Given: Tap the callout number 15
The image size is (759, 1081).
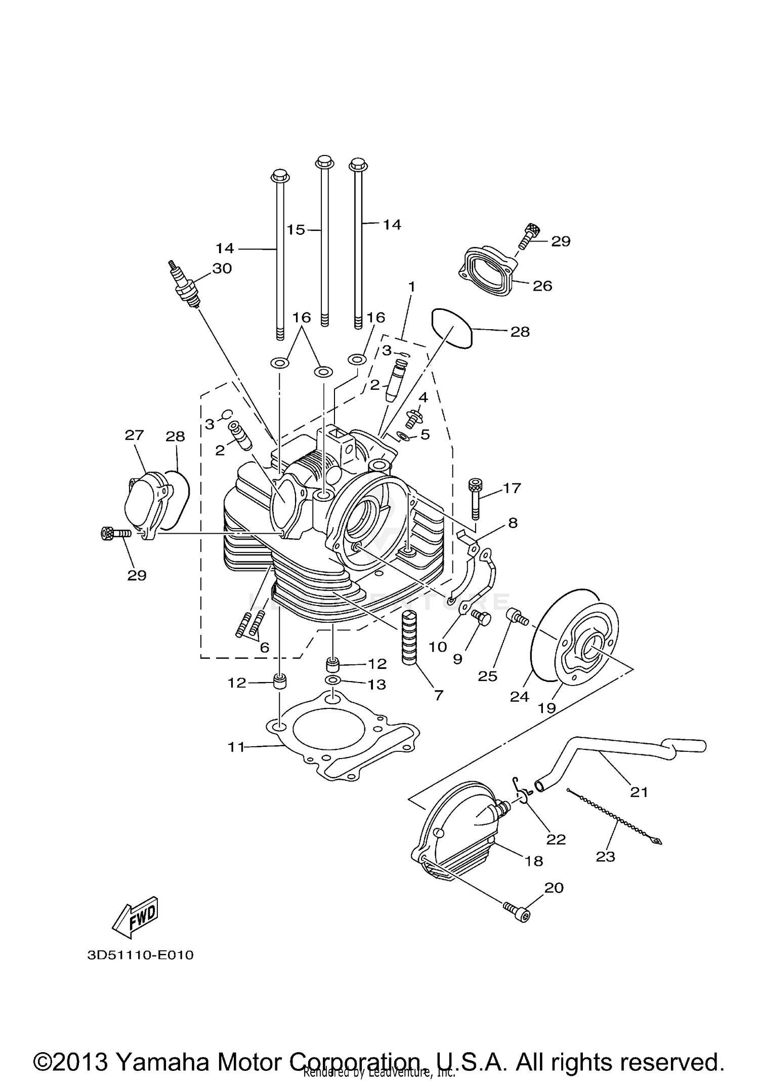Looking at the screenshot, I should (x=296, y=230).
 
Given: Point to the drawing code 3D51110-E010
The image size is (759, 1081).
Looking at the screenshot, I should (x=140, y=955).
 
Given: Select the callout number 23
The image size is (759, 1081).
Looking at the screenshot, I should (x=605, y=857).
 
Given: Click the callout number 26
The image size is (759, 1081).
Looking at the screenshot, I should (x=542, y=286).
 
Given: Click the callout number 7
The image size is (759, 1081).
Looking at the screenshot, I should (x=438, y=695).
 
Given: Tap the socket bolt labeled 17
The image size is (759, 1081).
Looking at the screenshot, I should (x=474, y=499).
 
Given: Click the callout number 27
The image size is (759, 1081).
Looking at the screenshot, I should (x=135, y=435).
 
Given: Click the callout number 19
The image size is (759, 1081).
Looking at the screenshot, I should (x=547, y=708).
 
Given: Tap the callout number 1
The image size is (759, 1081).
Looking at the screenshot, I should (x=411, y=287).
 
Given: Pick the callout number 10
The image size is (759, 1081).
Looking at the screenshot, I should (x=438, y=647).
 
